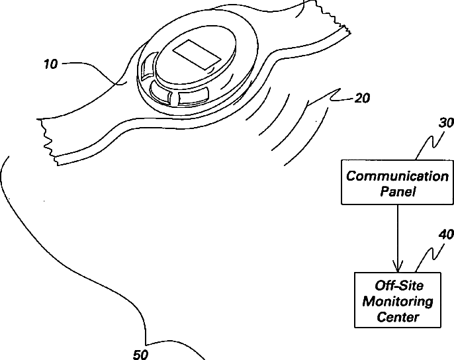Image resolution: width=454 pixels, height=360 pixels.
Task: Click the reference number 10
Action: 50,64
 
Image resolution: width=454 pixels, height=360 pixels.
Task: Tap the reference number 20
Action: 362,98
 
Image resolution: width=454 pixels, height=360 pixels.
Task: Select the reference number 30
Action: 447,122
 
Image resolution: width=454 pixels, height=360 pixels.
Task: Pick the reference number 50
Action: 140,354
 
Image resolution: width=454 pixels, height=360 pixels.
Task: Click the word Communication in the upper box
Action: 397,176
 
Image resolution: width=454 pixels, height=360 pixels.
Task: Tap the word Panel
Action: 397,192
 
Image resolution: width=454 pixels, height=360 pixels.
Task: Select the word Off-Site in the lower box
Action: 397,287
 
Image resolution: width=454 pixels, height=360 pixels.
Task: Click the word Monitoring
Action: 397,302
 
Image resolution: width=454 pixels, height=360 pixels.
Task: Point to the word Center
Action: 397,317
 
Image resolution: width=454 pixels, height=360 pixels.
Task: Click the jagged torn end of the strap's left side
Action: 48,136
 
